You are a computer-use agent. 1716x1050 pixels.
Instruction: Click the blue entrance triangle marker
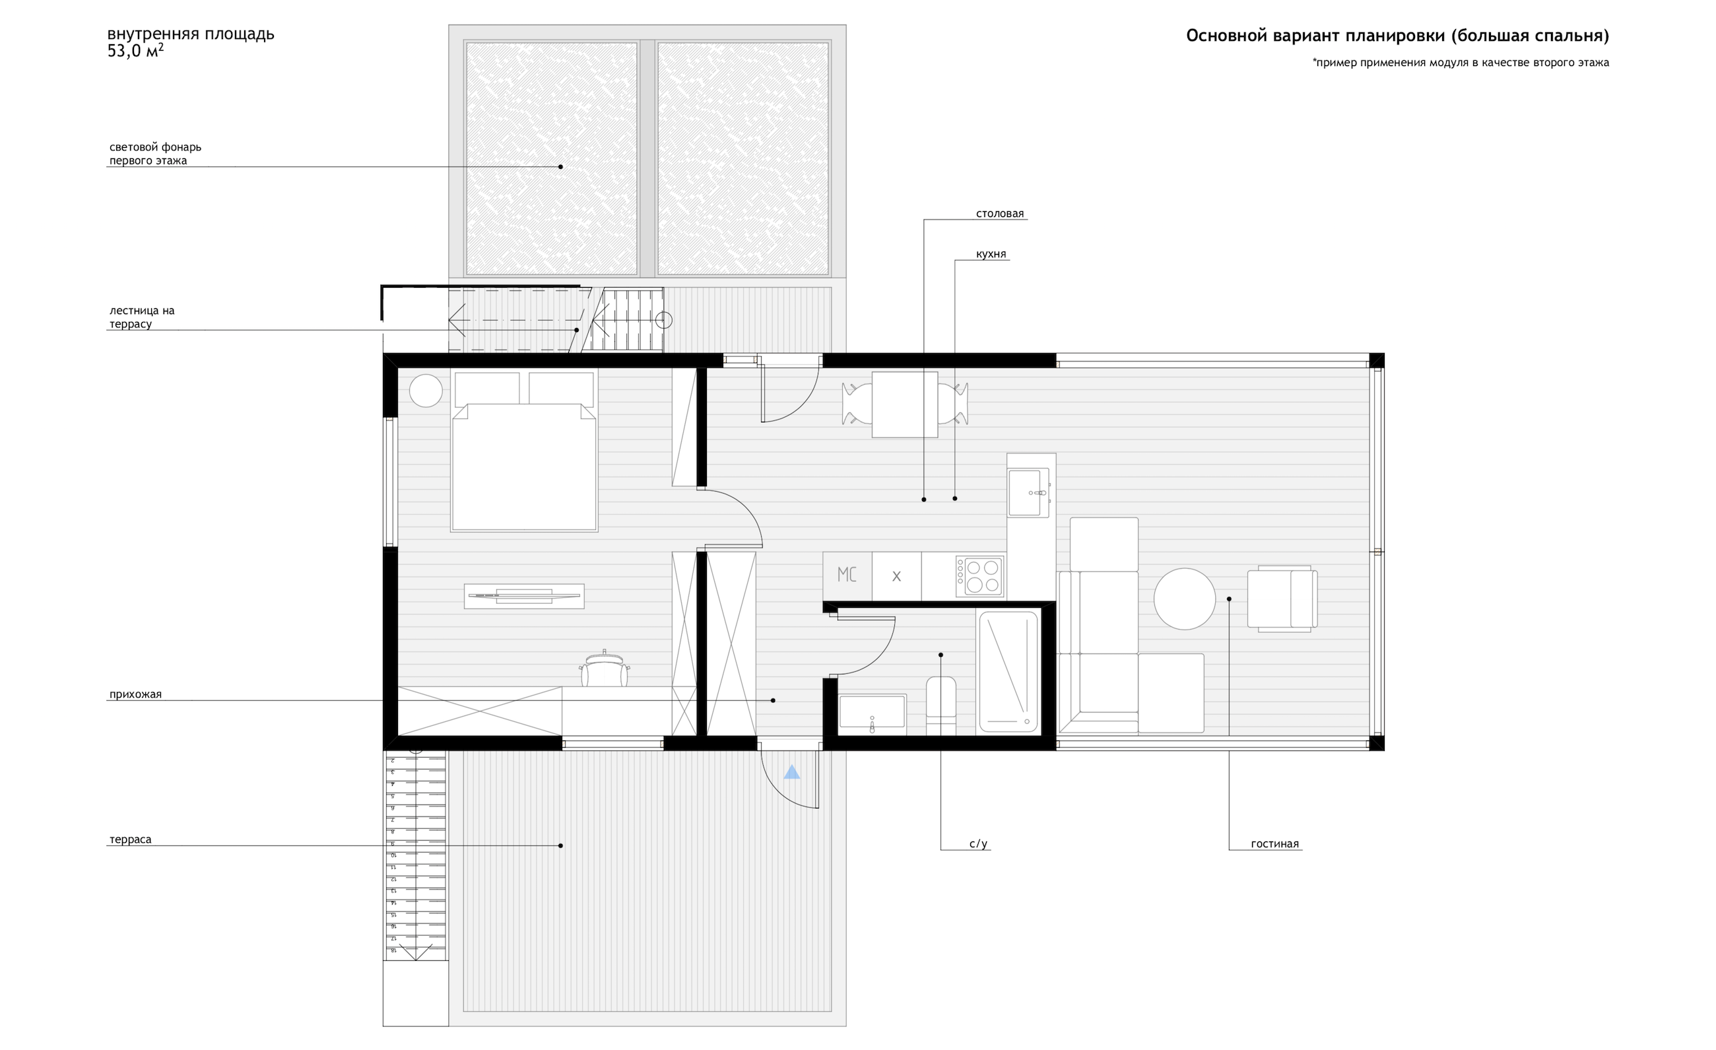(792, 772)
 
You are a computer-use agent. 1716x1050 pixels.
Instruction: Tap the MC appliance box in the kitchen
(847, 575)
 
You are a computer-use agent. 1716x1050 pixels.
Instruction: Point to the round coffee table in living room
(1184, 599)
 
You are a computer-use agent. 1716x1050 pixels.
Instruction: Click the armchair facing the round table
(1282, 599)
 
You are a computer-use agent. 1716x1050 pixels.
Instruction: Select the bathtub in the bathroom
(1008, 671)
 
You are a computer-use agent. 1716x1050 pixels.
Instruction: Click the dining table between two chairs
(904, 405)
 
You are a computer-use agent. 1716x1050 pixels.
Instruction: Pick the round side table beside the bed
(426, 391)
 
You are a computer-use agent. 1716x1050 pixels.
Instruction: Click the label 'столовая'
(999, 214)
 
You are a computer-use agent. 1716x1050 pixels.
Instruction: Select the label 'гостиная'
(1274, 844)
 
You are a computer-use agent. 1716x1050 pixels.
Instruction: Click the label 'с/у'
(977, 844)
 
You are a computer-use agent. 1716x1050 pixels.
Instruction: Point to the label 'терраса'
(130, 839)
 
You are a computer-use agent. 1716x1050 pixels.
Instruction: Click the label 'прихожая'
(135, 694)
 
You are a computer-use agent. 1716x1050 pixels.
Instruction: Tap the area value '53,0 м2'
(135, 51)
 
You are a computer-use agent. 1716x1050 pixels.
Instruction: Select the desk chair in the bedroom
(604, 669)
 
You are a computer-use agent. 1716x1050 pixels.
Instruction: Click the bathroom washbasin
(872, 712)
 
